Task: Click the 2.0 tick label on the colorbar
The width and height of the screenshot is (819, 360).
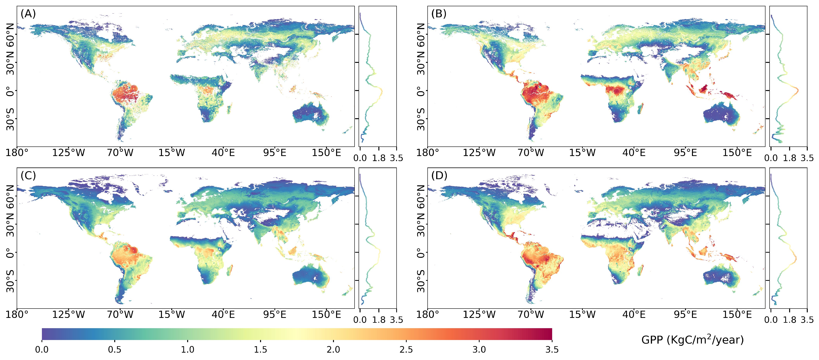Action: point(333,350)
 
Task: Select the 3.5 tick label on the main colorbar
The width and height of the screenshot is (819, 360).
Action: point(552,350)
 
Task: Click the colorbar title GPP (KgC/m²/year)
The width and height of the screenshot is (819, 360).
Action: point(693,340)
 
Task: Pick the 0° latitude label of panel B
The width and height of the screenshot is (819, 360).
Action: point(421,91)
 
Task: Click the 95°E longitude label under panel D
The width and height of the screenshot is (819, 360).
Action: point(685,315)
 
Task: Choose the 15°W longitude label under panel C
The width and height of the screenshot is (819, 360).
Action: point(172,315)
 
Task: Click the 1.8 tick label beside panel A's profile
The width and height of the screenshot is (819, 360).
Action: point(379,158)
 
